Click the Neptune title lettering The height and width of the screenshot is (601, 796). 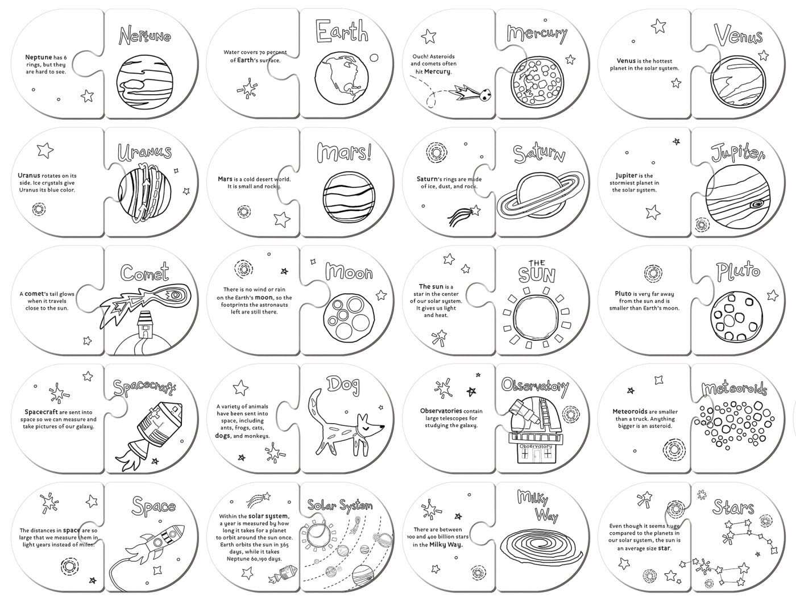[x=144, y=35]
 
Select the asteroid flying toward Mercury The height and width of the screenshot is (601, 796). [x=484, y=96]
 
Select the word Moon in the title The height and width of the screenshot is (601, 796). [x=349, y=273]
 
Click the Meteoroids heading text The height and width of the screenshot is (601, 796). [x=733, y=389]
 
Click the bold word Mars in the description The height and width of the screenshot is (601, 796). [x=225, y=179]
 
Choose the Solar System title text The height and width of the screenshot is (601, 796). [x=340, y=505]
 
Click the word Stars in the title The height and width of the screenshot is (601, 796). [x=733, y=507]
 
